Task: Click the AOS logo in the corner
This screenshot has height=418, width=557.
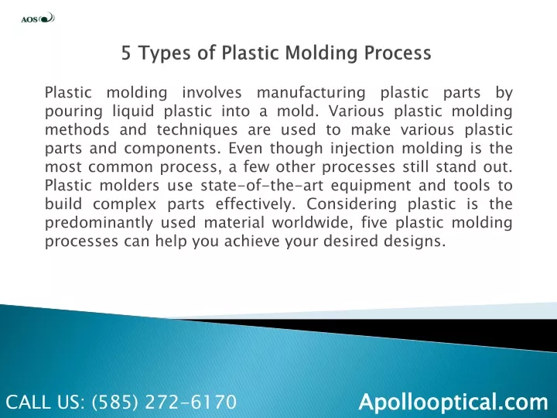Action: click(38, 18)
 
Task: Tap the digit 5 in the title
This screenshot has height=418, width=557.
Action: click(126, 53)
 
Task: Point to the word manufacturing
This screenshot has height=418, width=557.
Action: click(311, 93)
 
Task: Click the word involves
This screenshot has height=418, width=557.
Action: click(212, 93)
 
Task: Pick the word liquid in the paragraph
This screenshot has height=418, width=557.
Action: click(133, 112)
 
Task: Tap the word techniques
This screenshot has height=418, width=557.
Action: click(197, 130)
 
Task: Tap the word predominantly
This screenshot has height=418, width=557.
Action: click(99, 223)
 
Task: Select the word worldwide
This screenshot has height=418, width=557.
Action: click(313, 223)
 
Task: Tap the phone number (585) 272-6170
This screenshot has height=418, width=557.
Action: click(164, 402)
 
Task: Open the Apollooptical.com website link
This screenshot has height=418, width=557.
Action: click(453, 402)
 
